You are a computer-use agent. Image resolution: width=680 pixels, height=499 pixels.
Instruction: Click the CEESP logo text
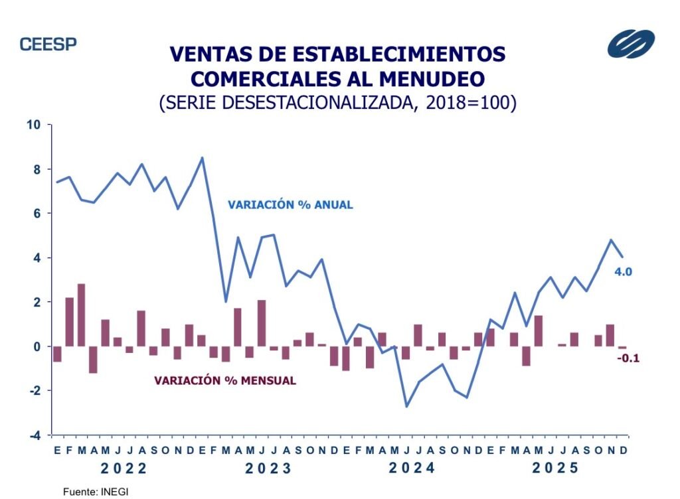[x=48, y=44]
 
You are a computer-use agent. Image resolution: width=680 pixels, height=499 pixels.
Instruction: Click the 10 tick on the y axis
[x=34, y=125]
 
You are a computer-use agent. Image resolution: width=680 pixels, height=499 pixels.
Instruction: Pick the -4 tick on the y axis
[x=34, y=435]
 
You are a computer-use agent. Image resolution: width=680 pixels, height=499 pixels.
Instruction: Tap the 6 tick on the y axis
[x=37, y=214]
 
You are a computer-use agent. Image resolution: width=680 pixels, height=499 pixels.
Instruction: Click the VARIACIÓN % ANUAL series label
[x=290, y=205]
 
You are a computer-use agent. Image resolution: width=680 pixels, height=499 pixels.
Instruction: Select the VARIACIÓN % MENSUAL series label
[x=225, y=381]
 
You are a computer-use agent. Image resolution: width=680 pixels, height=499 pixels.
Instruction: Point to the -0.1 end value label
[x=628, y=358]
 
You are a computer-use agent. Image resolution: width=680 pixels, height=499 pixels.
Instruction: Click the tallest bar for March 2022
[x=82, y=315]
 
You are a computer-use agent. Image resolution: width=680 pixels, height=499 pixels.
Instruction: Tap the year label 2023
[x=268, y=468]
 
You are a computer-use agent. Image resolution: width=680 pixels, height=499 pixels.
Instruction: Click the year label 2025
[x=556, y=468]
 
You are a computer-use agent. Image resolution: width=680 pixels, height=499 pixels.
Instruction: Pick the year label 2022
[x=124, y=468]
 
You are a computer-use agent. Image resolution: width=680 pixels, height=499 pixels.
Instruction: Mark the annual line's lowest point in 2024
[x=406, y=406]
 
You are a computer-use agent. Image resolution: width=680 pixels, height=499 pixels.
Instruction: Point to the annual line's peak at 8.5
[x=203, y=158]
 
